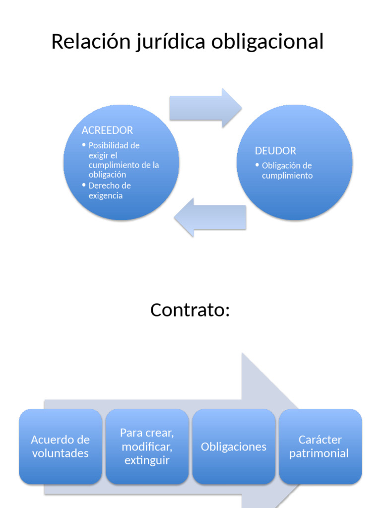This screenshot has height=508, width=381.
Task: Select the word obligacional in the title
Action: coord(267,42)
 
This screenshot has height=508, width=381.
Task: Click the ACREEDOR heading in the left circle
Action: coord(107,130)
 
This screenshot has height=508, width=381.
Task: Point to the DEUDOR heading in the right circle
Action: coord(275,151)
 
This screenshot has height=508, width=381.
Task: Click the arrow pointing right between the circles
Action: coord(205,108)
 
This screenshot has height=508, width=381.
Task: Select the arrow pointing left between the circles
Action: coord(210,217)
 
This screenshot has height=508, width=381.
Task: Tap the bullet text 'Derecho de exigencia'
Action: coord(109,190)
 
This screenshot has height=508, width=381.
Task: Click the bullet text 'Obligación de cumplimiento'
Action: coord(287,171)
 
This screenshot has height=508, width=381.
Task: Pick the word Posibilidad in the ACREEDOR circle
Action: coord(114,145)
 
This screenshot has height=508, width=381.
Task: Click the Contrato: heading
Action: coord(190,310)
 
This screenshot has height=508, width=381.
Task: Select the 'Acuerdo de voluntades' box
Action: coord(61,446)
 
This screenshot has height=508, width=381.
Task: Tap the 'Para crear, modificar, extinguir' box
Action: coord(147,446)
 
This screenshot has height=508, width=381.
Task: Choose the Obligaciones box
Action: coord(234,446)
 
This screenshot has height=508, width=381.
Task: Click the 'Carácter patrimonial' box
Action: coord(320,446)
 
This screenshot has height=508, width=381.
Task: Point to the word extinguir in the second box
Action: coord(147,460)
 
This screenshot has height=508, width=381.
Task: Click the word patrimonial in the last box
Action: coord(319,453)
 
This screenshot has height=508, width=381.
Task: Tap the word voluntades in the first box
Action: coord(61,453)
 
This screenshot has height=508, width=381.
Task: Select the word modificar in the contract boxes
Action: coord(146,446)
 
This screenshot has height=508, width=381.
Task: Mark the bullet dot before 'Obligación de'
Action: coord(257,165)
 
